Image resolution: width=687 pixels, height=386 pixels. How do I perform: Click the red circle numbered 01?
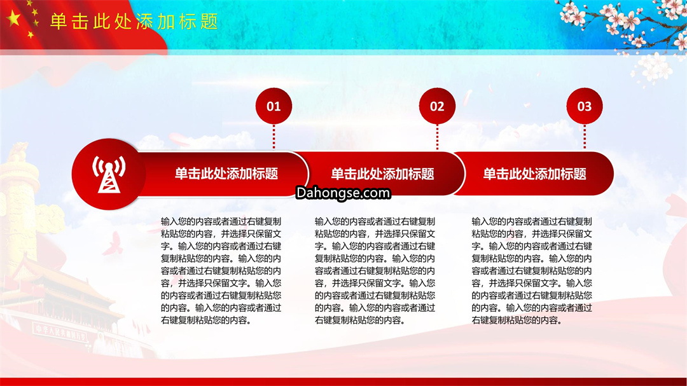(274, 106)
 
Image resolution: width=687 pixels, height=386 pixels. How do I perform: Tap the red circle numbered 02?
(437, 106)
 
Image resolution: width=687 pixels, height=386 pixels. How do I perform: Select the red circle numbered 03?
(585, 106)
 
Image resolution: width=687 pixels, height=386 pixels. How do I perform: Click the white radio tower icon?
(109, 174)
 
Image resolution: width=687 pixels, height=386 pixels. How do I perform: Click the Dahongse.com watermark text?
(343, 193)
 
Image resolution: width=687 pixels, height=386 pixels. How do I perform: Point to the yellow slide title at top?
(134, 22)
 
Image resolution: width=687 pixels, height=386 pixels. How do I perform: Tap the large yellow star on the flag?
(13, 19)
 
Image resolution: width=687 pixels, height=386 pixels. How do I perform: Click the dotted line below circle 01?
(274, 137)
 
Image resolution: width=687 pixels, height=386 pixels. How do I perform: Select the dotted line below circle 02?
(437, 137)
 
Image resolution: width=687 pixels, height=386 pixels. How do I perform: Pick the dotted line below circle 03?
(585, 137)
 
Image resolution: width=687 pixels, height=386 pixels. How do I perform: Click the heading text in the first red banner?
(226, 174)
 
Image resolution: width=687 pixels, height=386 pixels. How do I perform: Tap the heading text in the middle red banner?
(382, 174)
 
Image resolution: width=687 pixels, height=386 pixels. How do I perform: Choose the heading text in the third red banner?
(534, 174)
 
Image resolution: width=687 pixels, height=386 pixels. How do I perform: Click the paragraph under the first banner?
(221, 271)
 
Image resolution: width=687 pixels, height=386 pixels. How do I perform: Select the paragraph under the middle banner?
(375, 271)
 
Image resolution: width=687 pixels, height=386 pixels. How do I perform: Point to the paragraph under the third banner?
(532, 271)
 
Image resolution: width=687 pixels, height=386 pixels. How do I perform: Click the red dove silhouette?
(113, 244)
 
